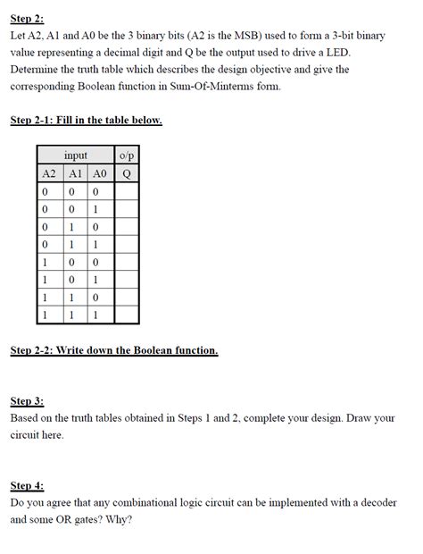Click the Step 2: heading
pyautogui.click(x=27, y=19)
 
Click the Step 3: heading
pyautogui.click(x=27, y=401)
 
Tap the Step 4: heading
pyautogui.click(x=27, y=485)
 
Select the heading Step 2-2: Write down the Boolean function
pyautogui.click(x=114, y=350)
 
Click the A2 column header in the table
pyautogui.click(x=50, y=173)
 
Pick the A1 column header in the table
pyautogui.click(x=76, y=173)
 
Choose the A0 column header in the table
pyautogui.click(x=100, y=173)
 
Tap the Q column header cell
pyautogui.click(x=127, y=173)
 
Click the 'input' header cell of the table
pyautogui.click(x=76, y=155)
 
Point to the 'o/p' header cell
pyautogui.click(x=127, y=155)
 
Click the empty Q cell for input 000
pyautogui.click(x=127, y=191)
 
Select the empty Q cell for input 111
pyautogui.click(x=127, y=315)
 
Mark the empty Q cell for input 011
pyautogui.click(x=127, y=245)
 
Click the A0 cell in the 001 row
pyautogui.click(x=95, y=209)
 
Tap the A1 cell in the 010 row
pyautogui.click(x=71, y=227)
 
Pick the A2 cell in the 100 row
pyautogui.click(x=45, y=262)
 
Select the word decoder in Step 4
pyautogui.click(x=377, y=502)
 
